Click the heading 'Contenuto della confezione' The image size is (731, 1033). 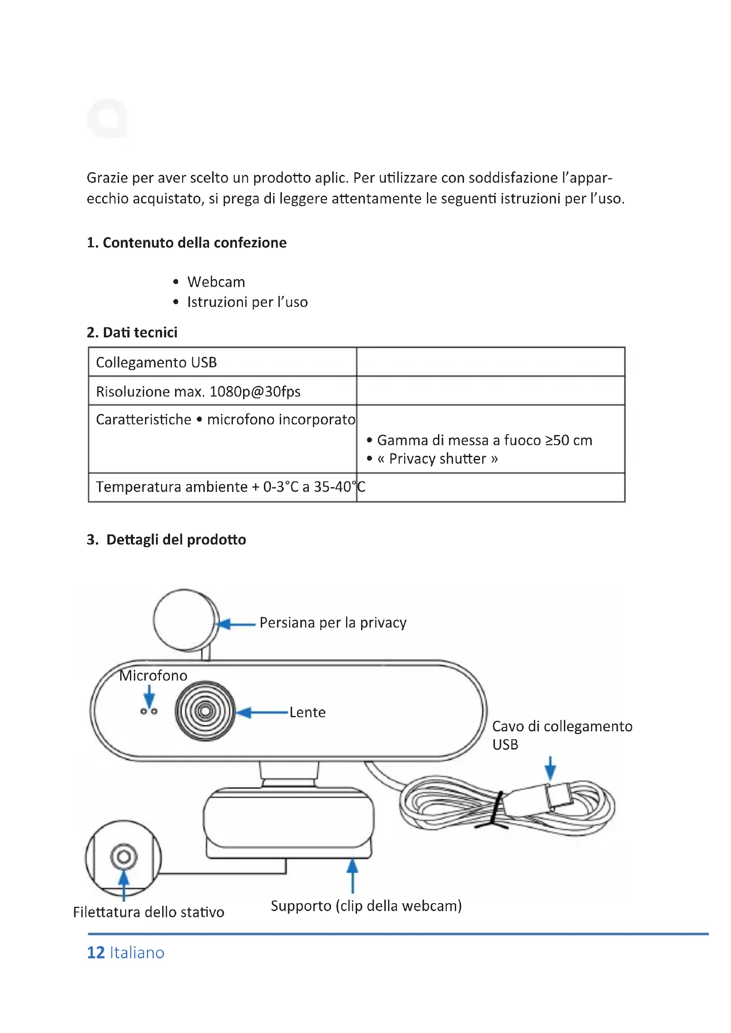pyautogui.click(x=194, y=242)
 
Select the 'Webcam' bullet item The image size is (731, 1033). pyautogui.click(x=216, y=282)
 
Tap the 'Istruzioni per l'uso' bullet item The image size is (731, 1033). pyautogui.click(x=247, y=302)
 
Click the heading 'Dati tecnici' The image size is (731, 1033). pyautogui.click(x=140, y=332)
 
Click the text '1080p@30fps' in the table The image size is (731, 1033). pyautogui.click(x=255, y=391)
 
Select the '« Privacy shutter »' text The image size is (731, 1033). pyautogui.click(x=437, y=459)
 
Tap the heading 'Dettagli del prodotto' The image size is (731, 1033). pyautogui.click(x=175, y=539)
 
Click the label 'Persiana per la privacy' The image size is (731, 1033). pyautogui.click(x=333, y=623)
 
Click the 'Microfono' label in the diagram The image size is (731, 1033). pyautogui.click(x=153, y=675)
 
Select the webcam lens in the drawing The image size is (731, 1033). pyautogui.click(x=205, y=711)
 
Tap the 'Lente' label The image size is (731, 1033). pyautogui.click(x=307, y=712)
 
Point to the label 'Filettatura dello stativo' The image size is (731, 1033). pyautogui.click(x=148, y=912)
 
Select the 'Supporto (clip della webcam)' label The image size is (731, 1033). pyautogui.click(x=366, y=906)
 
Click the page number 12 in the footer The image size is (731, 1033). pyautogui.click(x=95, y=953)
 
